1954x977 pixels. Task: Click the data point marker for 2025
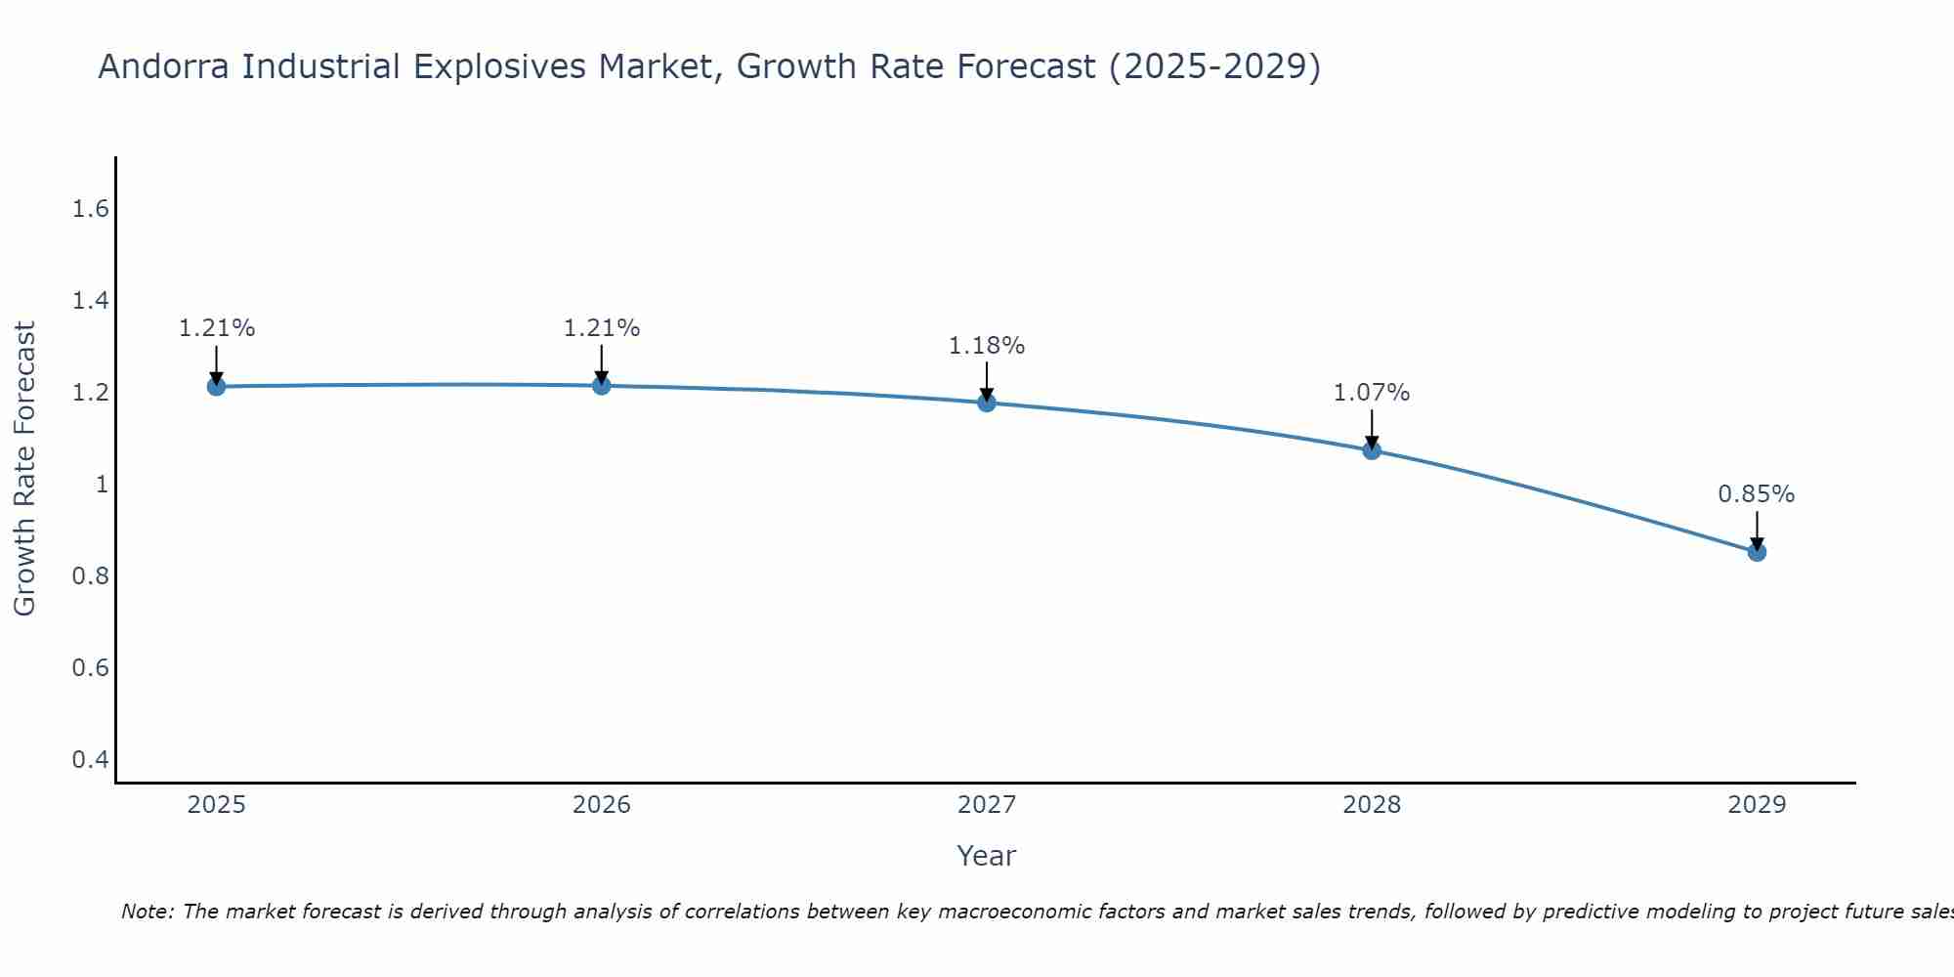217,387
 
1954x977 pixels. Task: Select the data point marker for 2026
602,386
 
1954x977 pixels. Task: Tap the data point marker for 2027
987,403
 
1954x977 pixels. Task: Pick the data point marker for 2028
1372,450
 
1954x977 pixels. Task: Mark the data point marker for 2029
1757,552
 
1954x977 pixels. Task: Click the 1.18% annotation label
987,346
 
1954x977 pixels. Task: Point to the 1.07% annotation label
1372,393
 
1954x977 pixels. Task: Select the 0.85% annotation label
1757,494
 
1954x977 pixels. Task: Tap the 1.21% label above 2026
602,328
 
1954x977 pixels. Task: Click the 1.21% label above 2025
217,328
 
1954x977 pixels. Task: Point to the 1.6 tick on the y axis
90,209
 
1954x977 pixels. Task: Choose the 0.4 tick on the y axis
90,760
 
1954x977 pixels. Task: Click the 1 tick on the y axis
101,485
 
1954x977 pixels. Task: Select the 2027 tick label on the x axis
987,805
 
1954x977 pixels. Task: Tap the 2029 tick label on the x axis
1757,805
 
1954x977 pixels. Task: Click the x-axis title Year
987,856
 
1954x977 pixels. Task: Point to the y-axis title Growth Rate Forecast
24,469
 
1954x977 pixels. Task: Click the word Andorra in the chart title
165,66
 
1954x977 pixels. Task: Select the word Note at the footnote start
147,912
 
